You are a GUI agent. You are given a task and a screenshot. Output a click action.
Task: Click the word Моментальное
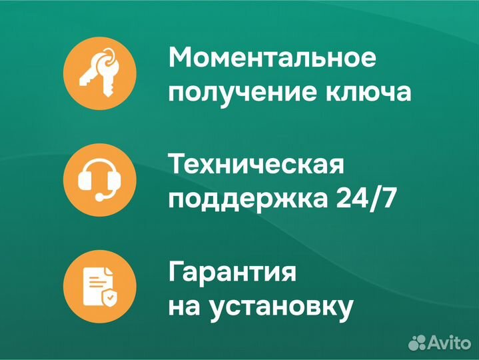272,57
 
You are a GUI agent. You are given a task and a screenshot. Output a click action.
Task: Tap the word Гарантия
233,272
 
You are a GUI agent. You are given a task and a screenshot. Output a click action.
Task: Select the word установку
280,307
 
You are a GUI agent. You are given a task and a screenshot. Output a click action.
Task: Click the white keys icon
99,69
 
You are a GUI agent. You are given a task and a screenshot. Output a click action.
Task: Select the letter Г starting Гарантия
177,272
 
